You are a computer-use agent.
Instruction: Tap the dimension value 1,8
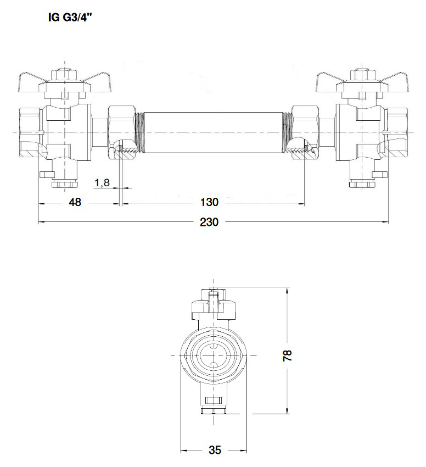[102, 182]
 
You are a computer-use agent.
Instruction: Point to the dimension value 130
[209, 202]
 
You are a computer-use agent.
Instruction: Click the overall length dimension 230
[209, 222]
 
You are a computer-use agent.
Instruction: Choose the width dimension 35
[215, 450]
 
